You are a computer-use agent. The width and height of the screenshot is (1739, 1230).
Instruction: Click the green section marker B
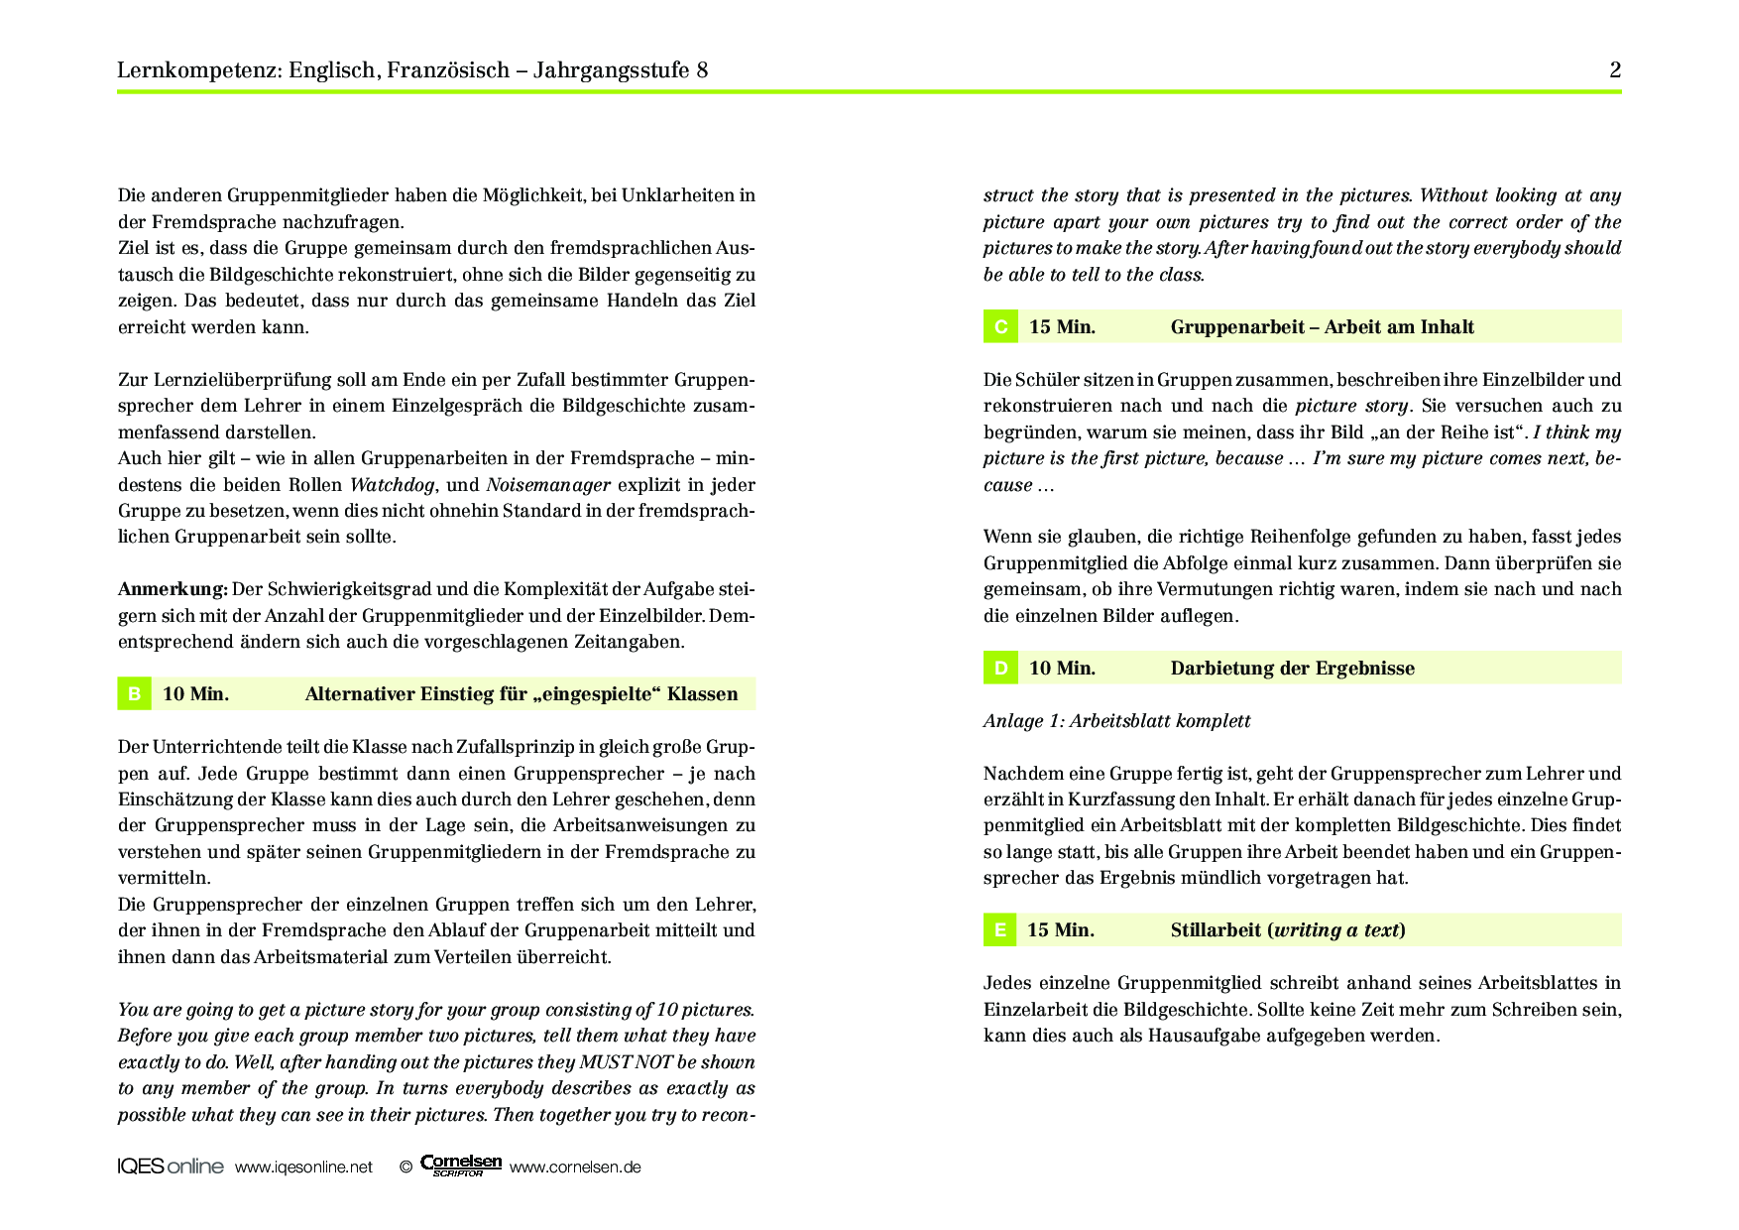click(134, 694)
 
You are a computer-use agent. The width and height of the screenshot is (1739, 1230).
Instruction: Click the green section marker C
click(1000, 327)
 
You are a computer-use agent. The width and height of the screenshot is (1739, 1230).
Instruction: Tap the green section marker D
click(1000, 669)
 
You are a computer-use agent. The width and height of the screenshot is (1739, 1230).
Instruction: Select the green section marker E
click(1000, 930)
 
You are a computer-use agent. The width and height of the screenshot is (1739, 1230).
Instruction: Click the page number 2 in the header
click(1615, 70)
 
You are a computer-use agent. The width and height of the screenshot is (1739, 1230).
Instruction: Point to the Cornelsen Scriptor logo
click(461, 1166)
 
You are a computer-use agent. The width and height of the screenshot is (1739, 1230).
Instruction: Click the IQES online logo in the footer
click(170, 1167)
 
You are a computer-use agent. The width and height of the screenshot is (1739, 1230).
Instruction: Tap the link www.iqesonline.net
click(303, 1168)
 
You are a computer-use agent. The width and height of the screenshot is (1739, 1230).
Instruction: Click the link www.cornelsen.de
click(575, 1168)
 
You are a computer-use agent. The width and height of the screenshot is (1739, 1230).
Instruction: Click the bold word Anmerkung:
click(173, 589)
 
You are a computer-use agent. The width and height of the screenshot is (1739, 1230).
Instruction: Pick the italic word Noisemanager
click(548, 485)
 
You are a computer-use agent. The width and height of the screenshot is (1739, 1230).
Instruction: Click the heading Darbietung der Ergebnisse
click(1292, 669)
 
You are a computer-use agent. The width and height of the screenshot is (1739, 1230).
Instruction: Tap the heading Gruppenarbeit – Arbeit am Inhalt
click(1322, 327)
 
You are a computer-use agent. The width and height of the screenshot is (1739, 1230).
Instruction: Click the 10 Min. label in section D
click(1062, 669)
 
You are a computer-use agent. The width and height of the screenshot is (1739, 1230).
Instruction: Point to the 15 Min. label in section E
click(1061, 930)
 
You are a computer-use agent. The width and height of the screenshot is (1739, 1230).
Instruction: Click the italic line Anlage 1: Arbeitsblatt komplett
click(1116, 721)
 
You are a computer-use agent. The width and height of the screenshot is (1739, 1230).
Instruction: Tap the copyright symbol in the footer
click(406, 1168)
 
